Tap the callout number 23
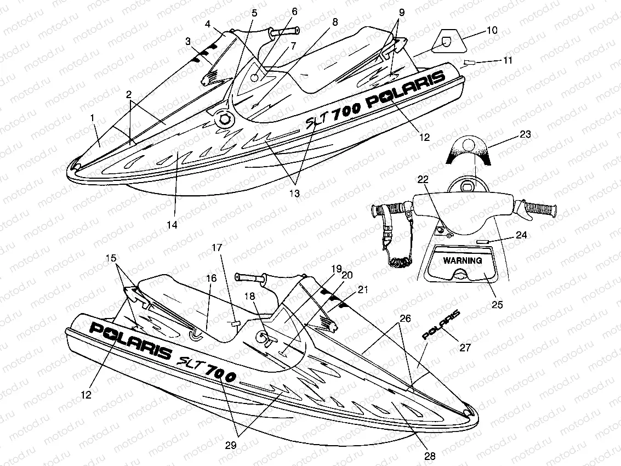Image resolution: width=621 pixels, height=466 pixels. (526, 134)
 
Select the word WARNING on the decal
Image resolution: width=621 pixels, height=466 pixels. (463, 260)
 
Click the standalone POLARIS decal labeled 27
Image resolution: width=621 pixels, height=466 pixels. (441, 324)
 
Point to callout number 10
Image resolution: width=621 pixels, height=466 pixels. (492, 31)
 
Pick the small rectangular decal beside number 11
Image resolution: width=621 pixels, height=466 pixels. (470, 62)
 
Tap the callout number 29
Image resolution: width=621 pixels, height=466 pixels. (231, 446)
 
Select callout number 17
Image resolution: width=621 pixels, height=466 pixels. (217, 248)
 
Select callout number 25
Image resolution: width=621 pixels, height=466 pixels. (497, 305)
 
